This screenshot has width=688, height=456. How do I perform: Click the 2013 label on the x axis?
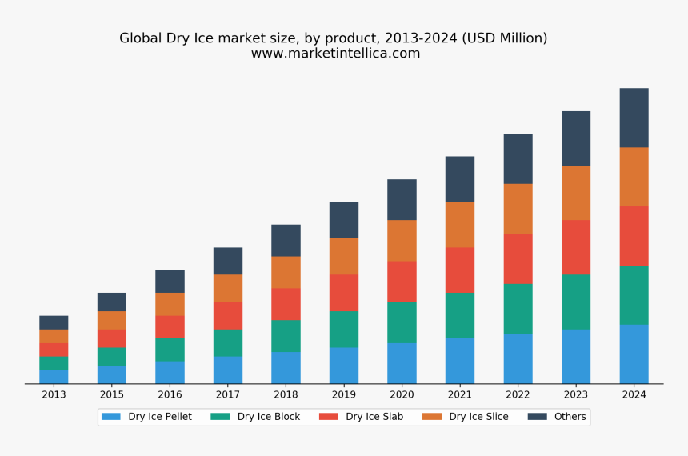tap(54, 394)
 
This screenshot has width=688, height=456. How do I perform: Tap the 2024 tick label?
tap(634, 394)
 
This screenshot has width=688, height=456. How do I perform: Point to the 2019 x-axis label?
tap(343, 394)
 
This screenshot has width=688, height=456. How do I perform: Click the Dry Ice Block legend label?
tap(268, 417)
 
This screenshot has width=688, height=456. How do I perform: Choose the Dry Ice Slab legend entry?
tap(374, 417)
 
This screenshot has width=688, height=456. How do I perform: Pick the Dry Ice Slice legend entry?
tap(478, 417)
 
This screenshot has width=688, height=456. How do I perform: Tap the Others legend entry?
tap(570, 417)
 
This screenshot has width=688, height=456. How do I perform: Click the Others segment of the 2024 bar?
tap(634, 118)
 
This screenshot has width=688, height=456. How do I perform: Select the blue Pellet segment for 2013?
tap(54, 377)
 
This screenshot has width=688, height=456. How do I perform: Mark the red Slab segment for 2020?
tap(402, 282)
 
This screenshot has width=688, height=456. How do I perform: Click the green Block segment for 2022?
tap(518, 309)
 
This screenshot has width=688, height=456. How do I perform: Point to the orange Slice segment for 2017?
tap(228, 288)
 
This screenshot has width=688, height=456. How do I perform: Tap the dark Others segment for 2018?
tap(286, 240)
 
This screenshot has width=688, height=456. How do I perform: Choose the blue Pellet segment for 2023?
tap(576, 357)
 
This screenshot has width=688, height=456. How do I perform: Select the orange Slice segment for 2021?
tap(460, 224)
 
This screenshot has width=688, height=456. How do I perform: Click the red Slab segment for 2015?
tap(112, 338)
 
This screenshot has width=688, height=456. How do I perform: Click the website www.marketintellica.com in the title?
tap(335, 54)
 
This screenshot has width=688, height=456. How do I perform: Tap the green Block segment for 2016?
tap(170, 350)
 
